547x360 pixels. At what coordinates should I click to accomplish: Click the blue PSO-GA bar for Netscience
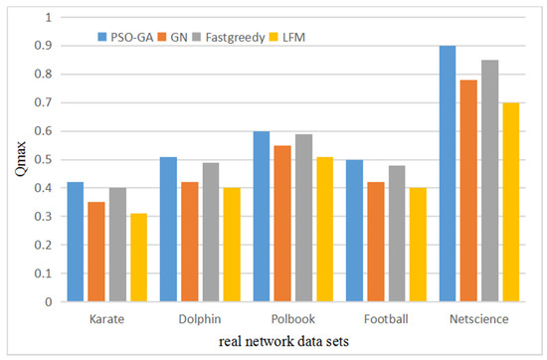[x=449, y=174]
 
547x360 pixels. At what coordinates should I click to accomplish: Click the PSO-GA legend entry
[x=125, y=37]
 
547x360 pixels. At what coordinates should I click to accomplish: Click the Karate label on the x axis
[x=105, y=319]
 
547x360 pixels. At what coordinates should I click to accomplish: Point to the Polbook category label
[x=294, y=319]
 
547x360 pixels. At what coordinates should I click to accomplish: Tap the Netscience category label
[x=478, y=319]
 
